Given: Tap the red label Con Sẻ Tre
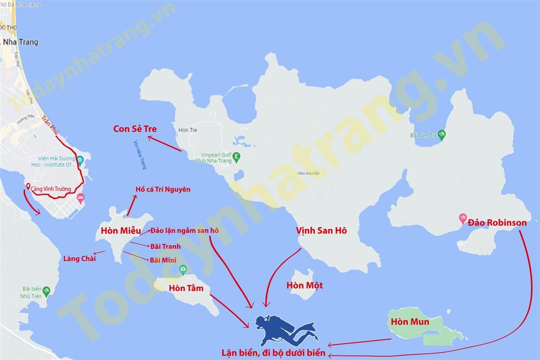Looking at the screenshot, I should point(135,129).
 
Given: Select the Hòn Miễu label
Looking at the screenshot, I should point(121,231).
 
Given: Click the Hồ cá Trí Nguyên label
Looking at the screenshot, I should point(163,189).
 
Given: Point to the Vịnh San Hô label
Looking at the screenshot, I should point(321,230).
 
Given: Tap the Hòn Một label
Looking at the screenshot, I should point(305,285).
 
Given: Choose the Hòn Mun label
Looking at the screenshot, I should point(410,322).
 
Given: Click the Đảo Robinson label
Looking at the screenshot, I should point(497,222).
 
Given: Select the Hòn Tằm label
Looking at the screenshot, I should point(186,288).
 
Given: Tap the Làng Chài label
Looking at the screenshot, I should point(79,258).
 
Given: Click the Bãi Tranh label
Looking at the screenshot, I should point(165,246).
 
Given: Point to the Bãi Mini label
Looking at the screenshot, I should point(163,260).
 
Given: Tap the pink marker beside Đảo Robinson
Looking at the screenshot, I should point(462,219).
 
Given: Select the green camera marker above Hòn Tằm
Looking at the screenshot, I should point(183,270).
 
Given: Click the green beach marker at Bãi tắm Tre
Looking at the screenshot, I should point(442,134).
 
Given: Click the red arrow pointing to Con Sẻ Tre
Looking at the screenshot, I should point(165,143).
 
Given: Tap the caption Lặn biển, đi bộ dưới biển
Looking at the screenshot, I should point(273,353).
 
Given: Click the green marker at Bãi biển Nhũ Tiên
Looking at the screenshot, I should point(46,290).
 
